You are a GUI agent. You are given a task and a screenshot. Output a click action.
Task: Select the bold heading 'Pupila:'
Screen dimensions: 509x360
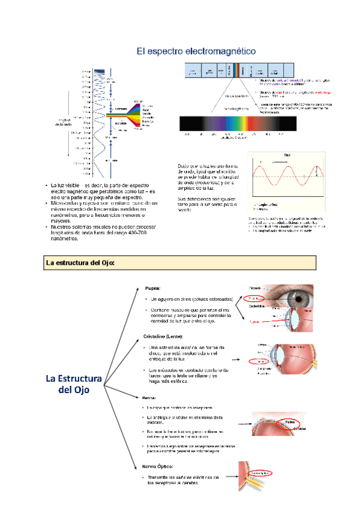152,288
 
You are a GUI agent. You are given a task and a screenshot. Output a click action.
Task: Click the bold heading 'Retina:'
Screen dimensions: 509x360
151,398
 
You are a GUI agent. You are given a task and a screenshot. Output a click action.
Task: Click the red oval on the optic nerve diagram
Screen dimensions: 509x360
256,473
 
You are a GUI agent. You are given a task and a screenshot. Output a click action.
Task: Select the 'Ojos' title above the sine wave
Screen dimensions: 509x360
286,154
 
